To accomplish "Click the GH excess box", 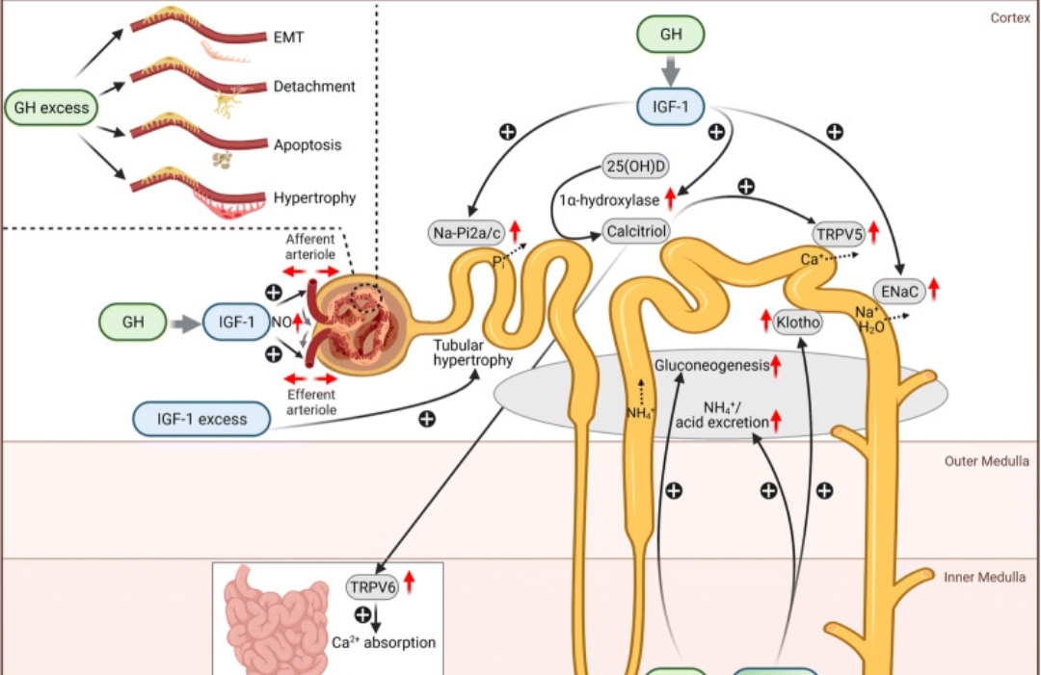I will point(52,108).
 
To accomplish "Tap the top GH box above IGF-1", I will point(670,35).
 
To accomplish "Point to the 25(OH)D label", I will point(635,166).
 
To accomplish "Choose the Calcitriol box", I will point(630,232).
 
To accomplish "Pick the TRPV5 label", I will point(838,232).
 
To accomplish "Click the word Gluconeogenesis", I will point(710,366).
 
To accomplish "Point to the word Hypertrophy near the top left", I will point(314,198).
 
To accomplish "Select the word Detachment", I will point(314,87).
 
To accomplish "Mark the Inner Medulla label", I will point(985,578).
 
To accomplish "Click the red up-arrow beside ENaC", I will point(933,289).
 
